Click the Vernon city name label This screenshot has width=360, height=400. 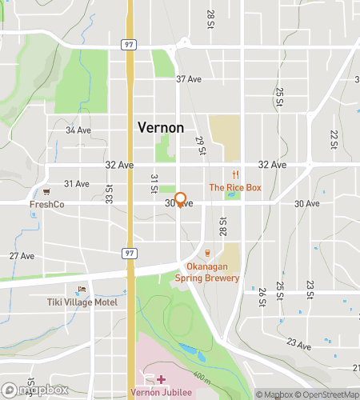161,127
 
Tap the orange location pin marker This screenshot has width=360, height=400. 181,200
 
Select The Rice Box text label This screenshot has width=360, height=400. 235,187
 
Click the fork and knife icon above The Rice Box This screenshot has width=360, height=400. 235,174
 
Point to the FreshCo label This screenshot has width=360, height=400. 46,204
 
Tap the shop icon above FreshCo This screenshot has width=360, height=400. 46,191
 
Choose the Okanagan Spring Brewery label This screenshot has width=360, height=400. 207,272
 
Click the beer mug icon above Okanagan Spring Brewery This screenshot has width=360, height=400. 207,254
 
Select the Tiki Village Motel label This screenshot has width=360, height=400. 80,303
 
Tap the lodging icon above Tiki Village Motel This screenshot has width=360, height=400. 80,290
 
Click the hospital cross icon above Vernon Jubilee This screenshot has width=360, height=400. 161,378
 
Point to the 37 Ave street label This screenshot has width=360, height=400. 187,79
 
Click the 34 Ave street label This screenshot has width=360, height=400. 78,130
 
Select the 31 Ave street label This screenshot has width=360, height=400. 76,183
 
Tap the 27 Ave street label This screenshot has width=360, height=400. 22,256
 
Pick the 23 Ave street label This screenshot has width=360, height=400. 299,346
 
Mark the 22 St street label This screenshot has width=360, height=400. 334,141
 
